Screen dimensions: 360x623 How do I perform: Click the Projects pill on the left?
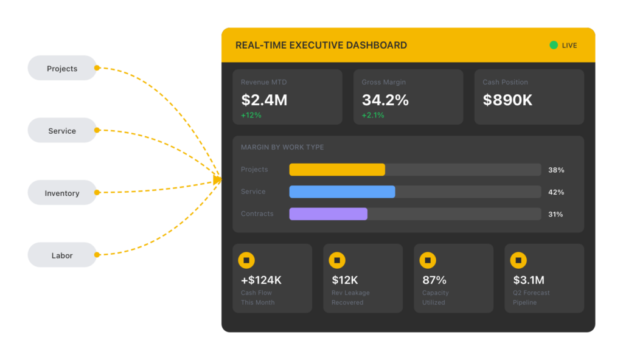[x=62, y=68]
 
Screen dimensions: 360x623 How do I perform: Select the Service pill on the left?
[x=62, y=130]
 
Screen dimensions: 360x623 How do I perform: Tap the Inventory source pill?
[x=62, y=193]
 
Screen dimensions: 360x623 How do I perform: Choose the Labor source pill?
[x=62, y=255]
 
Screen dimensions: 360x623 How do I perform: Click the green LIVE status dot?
[x=553, y=45]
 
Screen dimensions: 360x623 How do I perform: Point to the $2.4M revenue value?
[x=264, y=100]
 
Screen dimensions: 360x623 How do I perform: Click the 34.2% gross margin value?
[x=385, y=100]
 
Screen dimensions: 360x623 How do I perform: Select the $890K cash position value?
[x=507, y=100]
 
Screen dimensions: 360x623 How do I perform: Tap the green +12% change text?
[x=251, y=115]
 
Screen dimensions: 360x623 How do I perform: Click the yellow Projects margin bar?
[x=337, y=170]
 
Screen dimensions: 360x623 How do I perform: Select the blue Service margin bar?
[x=342, y=192]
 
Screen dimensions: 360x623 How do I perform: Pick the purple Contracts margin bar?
[x=328, y=214]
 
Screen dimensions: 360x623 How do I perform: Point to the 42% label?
[x=556, y=192]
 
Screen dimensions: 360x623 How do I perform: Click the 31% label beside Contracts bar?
[x=556, y=214]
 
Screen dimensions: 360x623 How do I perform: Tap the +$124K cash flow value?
[x=261, y=280]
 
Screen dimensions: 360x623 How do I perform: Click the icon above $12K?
[x=337, y=260]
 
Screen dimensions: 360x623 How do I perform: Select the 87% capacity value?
[x=434, y=280]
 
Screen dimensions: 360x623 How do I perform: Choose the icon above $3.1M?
[x=518, y=260]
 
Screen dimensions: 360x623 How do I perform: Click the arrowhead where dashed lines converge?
[x=217, y=179]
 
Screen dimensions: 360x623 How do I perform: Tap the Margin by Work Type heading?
[x=282, y=147]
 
